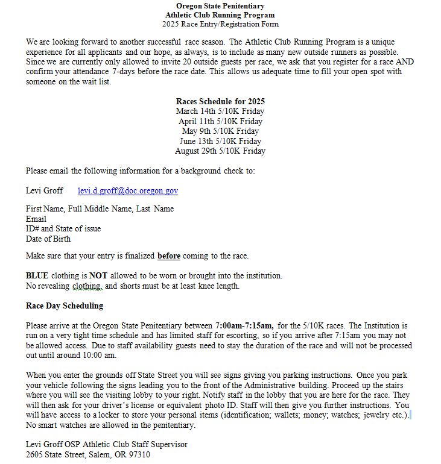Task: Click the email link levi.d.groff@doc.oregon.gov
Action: [x=128, y=191]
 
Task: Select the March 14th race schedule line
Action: [x=220, y=111]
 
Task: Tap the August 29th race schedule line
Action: [x=220, y=151]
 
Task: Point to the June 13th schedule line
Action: [x=220, y=141]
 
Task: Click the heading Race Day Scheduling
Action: [x=65, y=306]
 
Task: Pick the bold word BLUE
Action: [x=37, y=276]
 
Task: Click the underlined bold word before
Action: [x=169, y=256]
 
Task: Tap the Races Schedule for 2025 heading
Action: [x=220, y=102]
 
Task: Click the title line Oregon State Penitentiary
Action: [x=220, y=6]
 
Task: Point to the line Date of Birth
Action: [x=48, y=239]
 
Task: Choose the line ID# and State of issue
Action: [x=63, y=229]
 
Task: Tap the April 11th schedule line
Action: [x=220, y=121]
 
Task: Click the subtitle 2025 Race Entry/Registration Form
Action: [x=220, y=25]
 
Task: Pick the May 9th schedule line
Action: [x=220, y=131]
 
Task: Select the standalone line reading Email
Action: [x=36, y=219]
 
